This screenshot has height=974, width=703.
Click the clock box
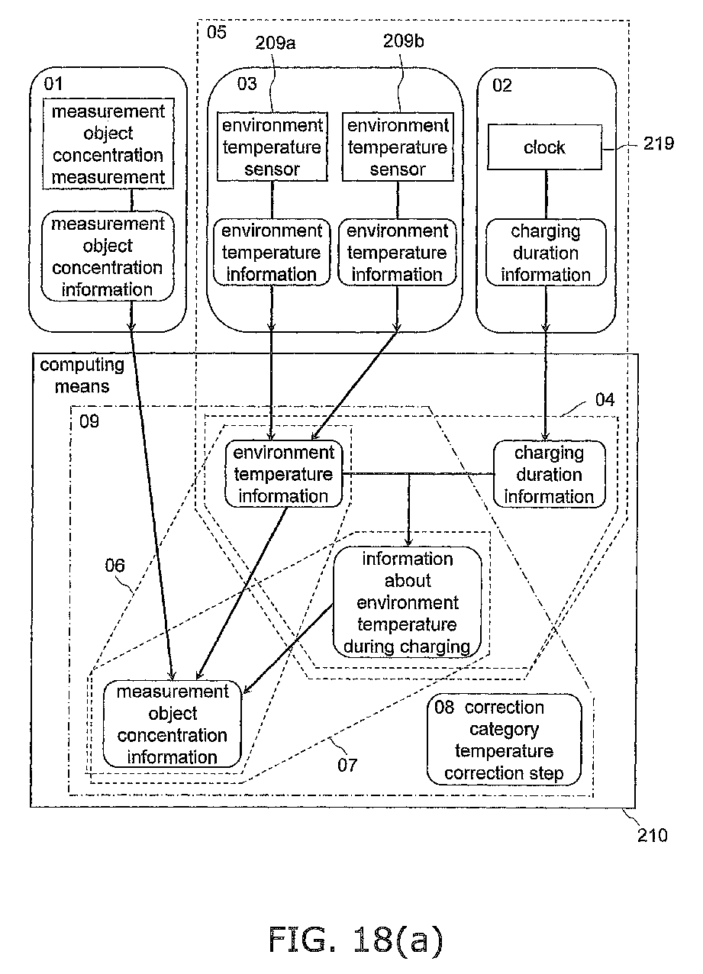[544, 147]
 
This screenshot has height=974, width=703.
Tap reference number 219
[658, 144]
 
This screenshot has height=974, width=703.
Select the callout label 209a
[276, 43]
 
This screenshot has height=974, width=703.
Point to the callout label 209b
[404, 41]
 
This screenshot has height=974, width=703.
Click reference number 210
[652, 835]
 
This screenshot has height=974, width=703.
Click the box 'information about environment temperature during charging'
[408, 601]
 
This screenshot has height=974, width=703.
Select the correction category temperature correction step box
[505, 740]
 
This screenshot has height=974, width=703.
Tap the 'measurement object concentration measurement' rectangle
[108, 144]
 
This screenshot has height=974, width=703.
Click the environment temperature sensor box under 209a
[272, 147]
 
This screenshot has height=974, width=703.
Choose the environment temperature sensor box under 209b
[398, 147]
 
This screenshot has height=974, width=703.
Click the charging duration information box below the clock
[546, 253]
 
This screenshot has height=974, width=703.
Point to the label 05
[217, 32]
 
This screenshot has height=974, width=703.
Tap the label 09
[89, 421]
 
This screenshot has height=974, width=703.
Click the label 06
[114, 566]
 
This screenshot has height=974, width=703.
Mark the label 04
[605, 400]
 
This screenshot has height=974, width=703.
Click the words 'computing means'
[82, 376]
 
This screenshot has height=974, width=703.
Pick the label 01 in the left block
[53, 83]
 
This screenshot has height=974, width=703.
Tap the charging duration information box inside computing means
[549, 474]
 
